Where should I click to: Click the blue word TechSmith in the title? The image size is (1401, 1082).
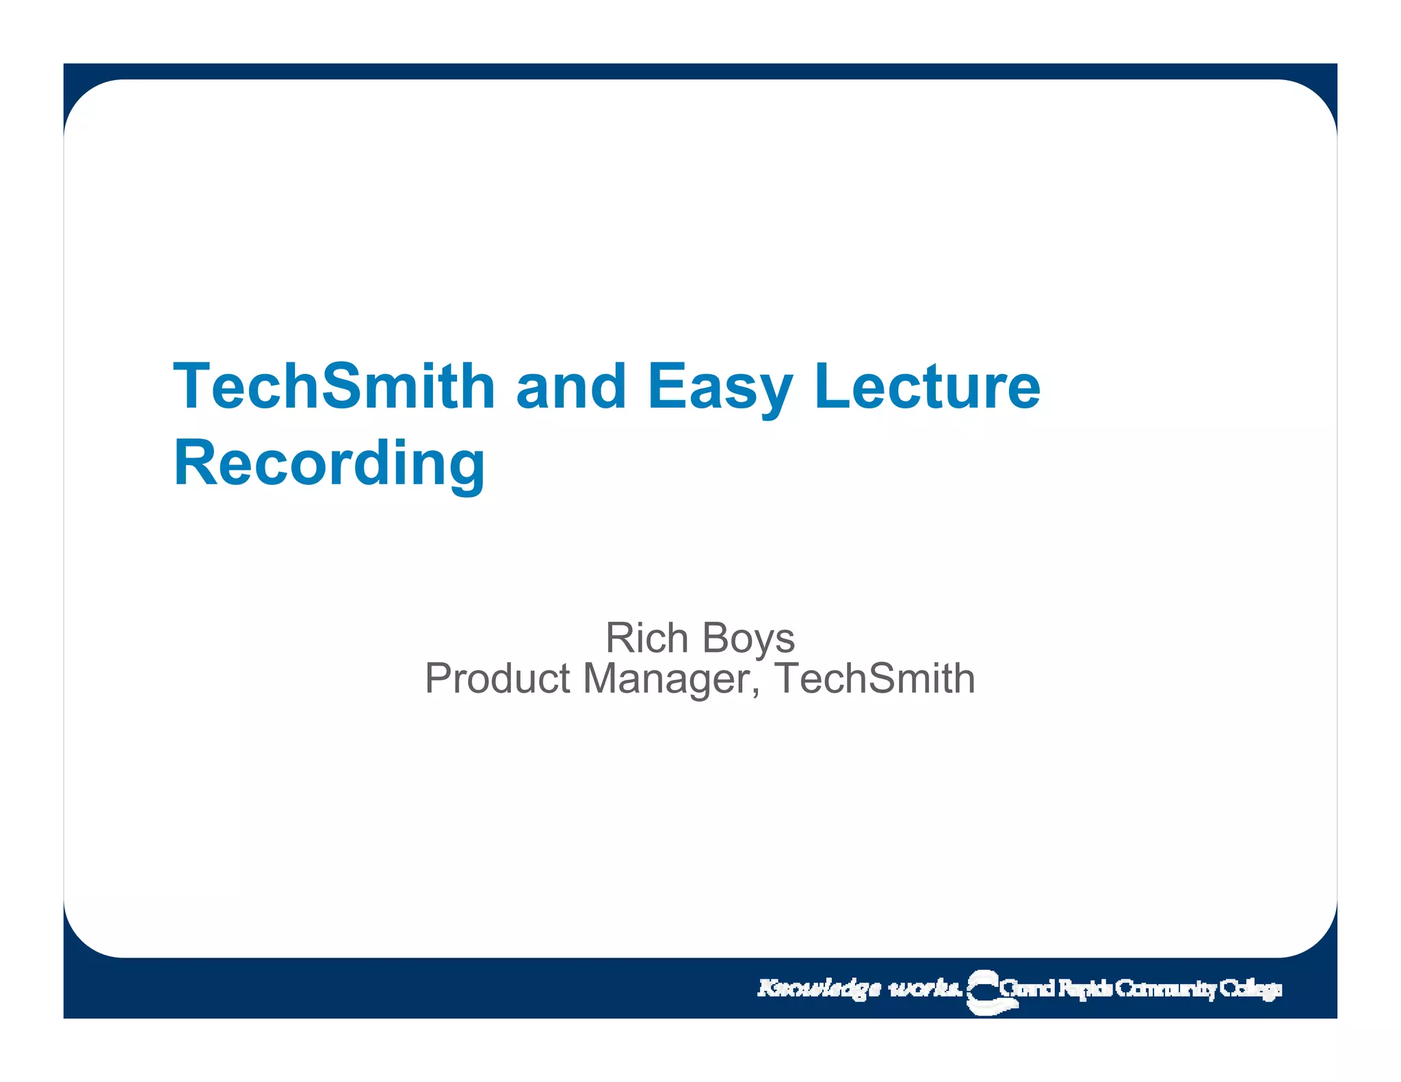point(334,386)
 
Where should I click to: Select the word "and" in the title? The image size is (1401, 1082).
point(571,386)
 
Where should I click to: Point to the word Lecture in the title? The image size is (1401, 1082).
point(927,386)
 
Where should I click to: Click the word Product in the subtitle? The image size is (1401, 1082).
point(497,678)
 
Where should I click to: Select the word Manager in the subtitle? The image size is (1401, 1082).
point(667,680)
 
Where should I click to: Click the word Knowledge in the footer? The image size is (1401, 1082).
point(819,989)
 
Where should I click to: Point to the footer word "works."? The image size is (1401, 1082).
point(925,989)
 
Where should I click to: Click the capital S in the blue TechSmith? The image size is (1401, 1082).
point(343,386)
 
